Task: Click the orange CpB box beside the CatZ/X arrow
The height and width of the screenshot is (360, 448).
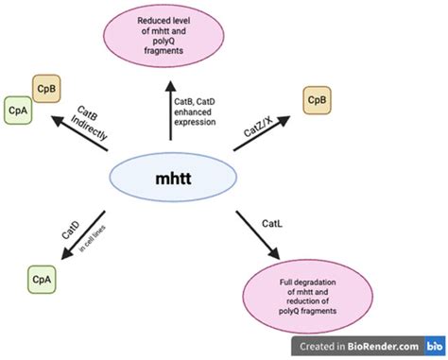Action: point(316,98)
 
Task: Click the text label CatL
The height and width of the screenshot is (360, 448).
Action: point(271,222)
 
